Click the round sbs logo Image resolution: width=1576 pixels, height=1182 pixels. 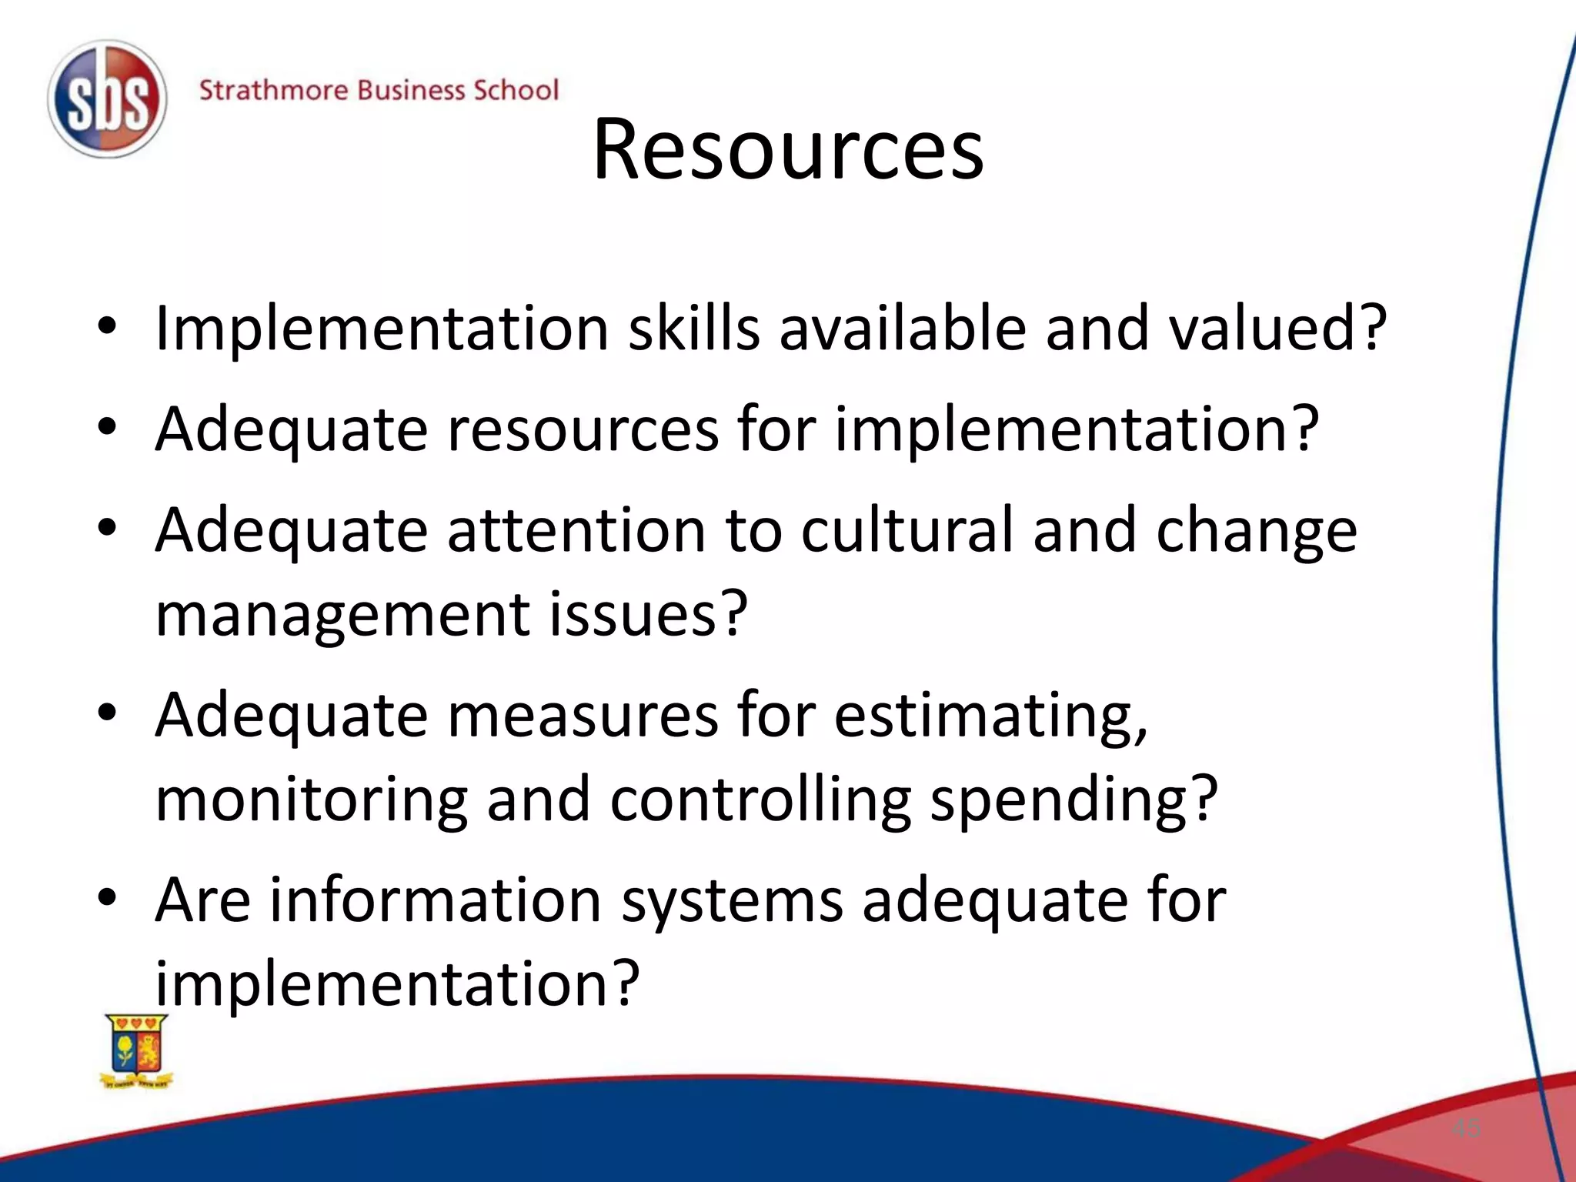point(107,99)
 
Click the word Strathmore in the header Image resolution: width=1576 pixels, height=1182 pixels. point(273,90)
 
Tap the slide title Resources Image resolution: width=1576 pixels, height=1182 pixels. point(787,149)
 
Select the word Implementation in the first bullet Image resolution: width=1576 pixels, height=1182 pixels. point(382,329)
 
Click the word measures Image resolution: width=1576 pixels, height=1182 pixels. point(583,715)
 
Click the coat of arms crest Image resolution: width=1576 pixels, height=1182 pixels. point(137,1050)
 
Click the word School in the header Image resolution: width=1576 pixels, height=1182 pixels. point(515,90)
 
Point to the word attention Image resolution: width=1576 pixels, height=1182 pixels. point(576,530)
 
